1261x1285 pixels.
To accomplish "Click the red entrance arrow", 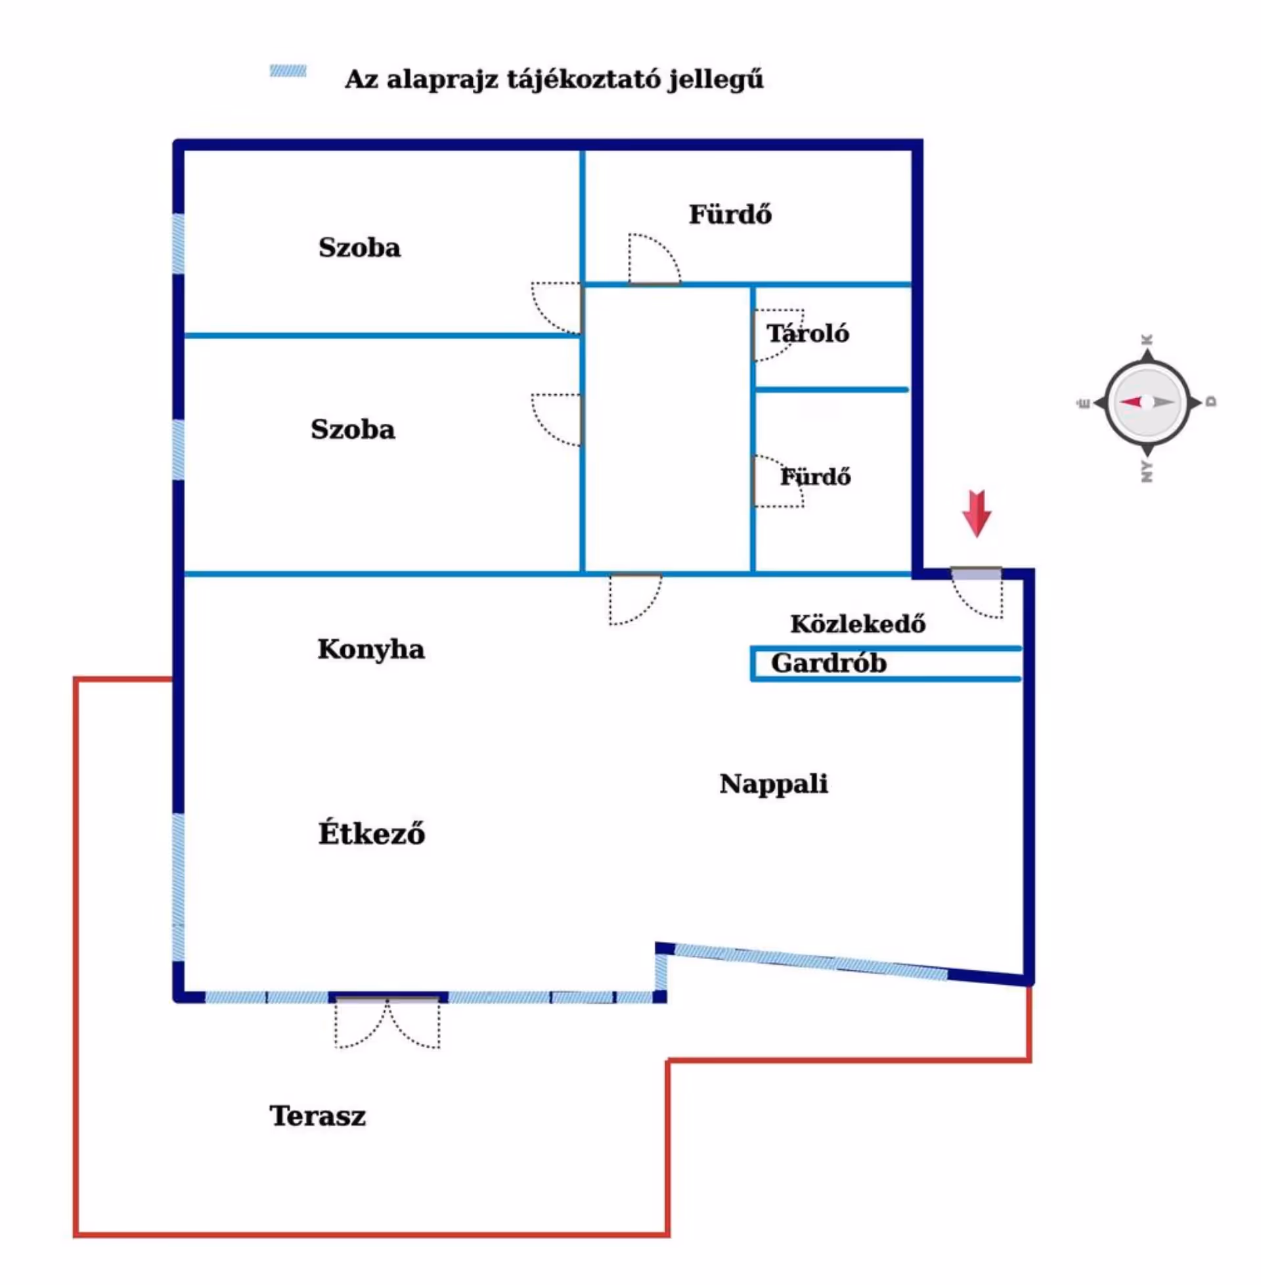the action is pos(976,512).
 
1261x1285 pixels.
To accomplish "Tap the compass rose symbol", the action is pos(1147,402).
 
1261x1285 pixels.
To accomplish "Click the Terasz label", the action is pos(317,1116).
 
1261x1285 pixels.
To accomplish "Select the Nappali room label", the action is pos(774,784).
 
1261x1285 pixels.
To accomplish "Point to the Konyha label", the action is pos(371,649).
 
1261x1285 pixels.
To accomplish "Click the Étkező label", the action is pos(372,833).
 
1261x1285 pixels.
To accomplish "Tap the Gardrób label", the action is pos(829,663).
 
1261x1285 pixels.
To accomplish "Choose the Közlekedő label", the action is pos(858,623).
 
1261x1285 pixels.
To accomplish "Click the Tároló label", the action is pos(808,333).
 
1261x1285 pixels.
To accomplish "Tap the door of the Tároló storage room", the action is pos(776,335).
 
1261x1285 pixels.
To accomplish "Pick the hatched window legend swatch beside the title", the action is pos(288,71).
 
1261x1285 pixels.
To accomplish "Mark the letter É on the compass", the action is pos(1085,403).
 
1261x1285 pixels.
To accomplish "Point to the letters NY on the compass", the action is pos(1147,472).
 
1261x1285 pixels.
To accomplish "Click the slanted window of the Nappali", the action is pos(810,962).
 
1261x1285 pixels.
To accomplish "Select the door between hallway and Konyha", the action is pos(634,597).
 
